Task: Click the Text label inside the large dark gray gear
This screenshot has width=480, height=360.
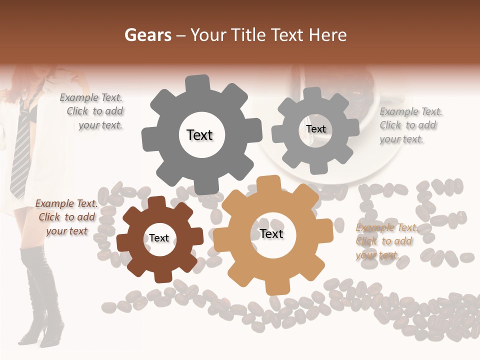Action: click(x=199, y=135)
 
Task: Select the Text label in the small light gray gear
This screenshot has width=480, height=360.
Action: click(x=316, y=129)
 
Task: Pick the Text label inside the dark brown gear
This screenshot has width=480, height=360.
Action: click(x=159, y=238)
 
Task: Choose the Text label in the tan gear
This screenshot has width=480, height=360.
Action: click(x=271, y=234)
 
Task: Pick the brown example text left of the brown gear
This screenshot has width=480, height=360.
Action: click(x=66, y=217)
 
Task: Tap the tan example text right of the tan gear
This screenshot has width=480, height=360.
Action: click(x=385, y=241)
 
